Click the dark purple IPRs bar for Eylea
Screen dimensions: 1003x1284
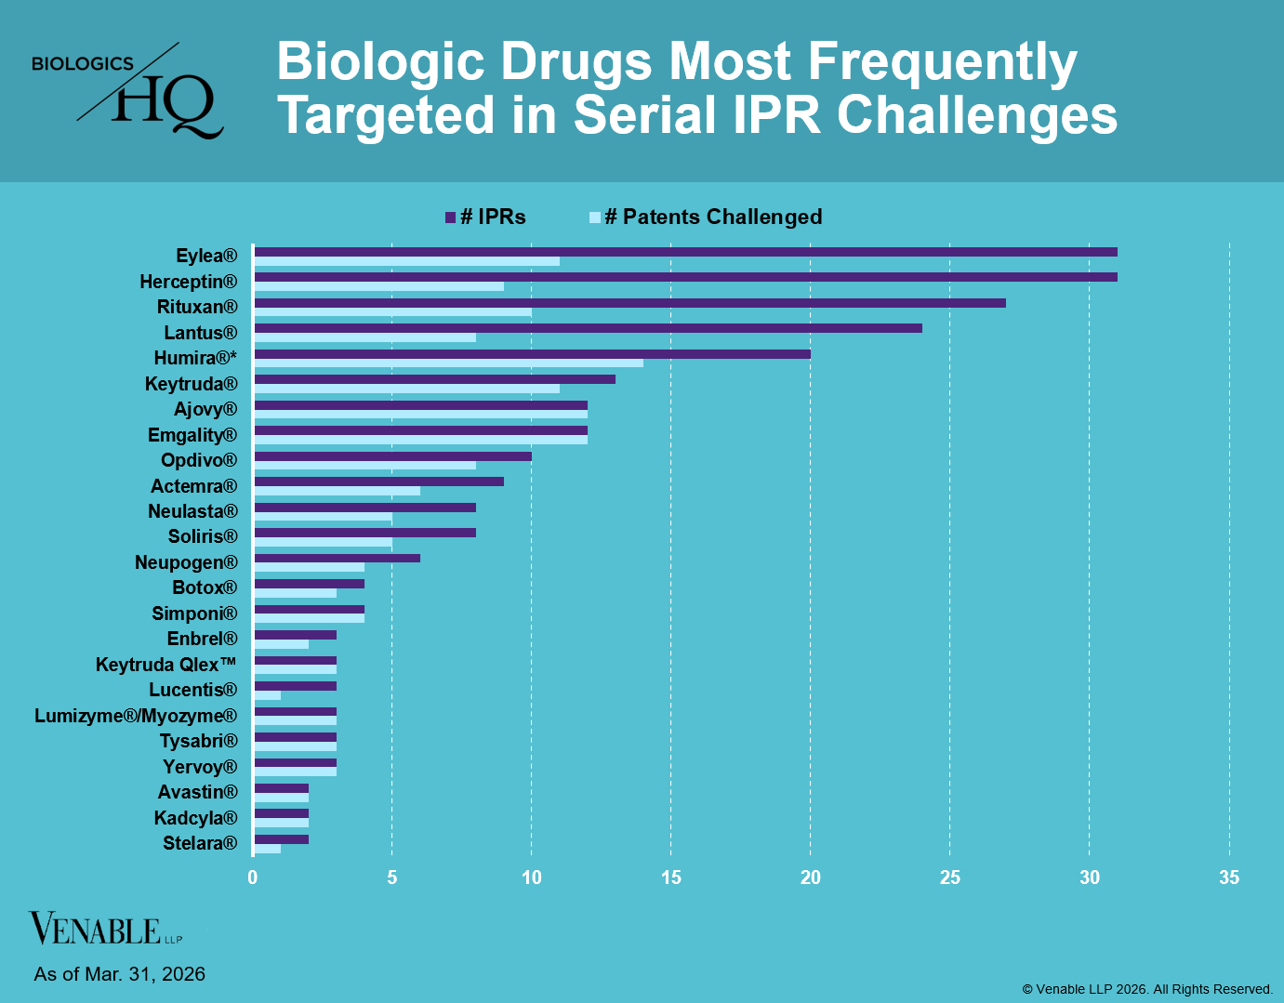[685, 252]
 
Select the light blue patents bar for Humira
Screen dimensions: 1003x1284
[448, 363]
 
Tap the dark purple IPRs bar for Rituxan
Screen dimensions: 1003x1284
[629, 303]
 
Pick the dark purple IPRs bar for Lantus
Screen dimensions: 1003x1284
[588, 328]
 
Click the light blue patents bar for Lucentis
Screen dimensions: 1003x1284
[267, 695]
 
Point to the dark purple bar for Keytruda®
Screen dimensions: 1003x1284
[434, 379]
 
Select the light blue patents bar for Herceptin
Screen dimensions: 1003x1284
[378, 286]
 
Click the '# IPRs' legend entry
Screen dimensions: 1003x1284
[486, 218]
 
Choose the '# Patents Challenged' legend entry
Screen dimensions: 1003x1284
[707, 218]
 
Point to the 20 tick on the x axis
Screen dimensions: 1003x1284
[811, 878]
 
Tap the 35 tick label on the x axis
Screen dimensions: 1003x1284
[1229, 878]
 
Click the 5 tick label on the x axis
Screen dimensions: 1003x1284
[392, 878]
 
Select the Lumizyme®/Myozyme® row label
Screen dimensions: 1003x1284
[136, 716]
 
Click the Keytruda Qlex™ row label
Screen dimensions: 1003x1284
[166, 665]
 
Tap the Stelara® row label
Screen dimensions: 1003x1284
[200, 843]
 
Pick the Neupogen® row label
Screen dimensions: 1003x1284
[186, 562]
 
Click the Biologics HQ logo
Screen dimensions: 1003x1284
[128, 91]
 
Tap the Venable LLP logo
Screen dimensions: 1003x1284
[105, 929]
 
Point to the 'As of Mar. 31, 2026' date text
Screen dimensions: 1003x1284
[119, 974]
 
